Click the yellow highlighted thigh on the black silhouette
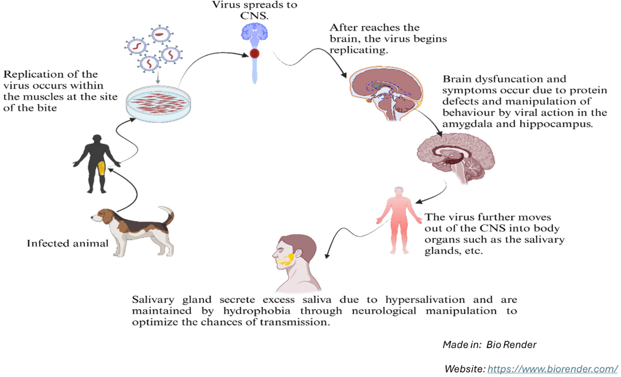click(x=102, y=168)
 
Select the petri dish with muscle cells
click(x=154, y=101)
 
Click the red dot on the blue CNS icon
click(x=255, y=53)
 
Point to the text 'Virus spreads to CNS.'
click(x=255, y=10)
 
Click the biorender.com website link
click(x=553, y=369)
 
